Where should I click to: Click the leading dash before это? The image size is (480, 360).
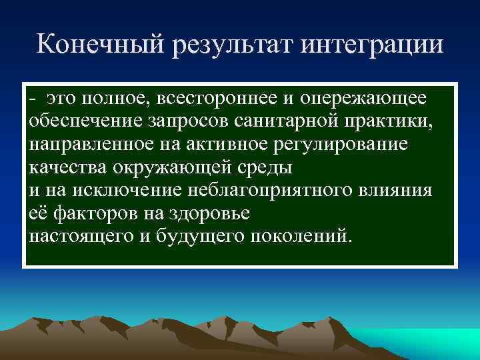(32, 99)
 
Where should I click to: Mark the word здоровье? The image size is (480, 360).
(207, 214)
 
